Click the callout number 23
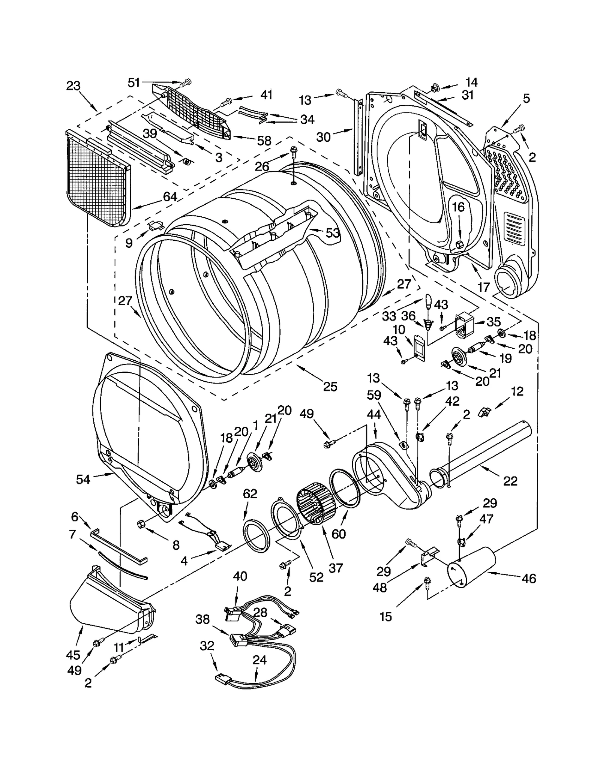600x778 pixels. point(73,86)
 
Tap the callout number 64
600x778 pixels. point(169,196)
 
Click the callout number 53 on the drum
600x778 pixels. point(332,233)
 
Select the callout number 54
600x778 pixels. point(83,479)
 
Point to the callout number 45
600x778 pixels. point(73,655)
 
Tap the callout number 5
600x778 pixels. point(526,99)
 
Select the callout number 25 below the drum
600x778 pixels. point(330,387)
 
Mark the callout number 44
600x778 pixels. point(374,414)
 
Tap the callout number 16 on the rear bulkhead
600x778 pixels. point(458,207)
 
